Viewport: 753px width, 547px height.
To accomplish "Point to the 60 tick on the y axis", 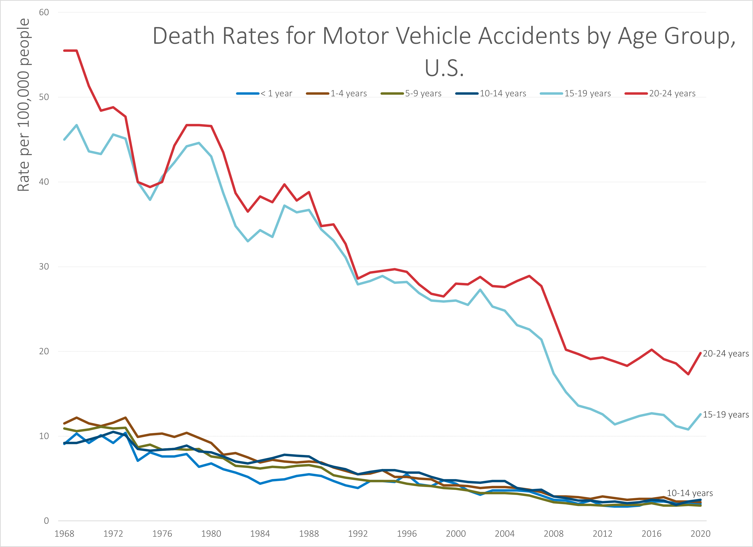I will point(44,12).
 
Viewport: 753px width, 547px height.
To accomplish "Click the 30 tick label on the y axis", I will point(44,267).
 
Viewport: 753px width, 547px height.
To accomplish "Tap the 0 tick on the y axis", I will point(46,521).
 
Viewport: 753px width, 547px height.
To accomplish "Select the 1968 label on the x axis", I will point(64,534).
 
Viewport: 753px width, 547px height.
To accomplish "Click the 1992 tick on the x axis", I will point(358,534).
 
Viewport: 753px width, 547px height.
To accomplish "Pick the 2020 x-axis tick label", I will point(700,534).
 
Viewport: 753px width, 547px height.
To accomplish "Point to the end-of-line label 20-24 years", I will point(726,354).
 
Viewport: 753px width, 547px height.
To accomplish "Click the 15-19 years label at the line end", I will point(726,415).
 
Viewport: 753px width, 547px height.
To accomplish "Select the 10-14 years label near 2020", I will point(690,493).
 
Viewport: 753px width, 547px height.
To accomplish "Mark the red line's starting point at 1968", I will point(64,51).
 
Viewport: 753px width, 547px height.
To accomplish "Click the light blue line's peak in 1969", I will point(77,125).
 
